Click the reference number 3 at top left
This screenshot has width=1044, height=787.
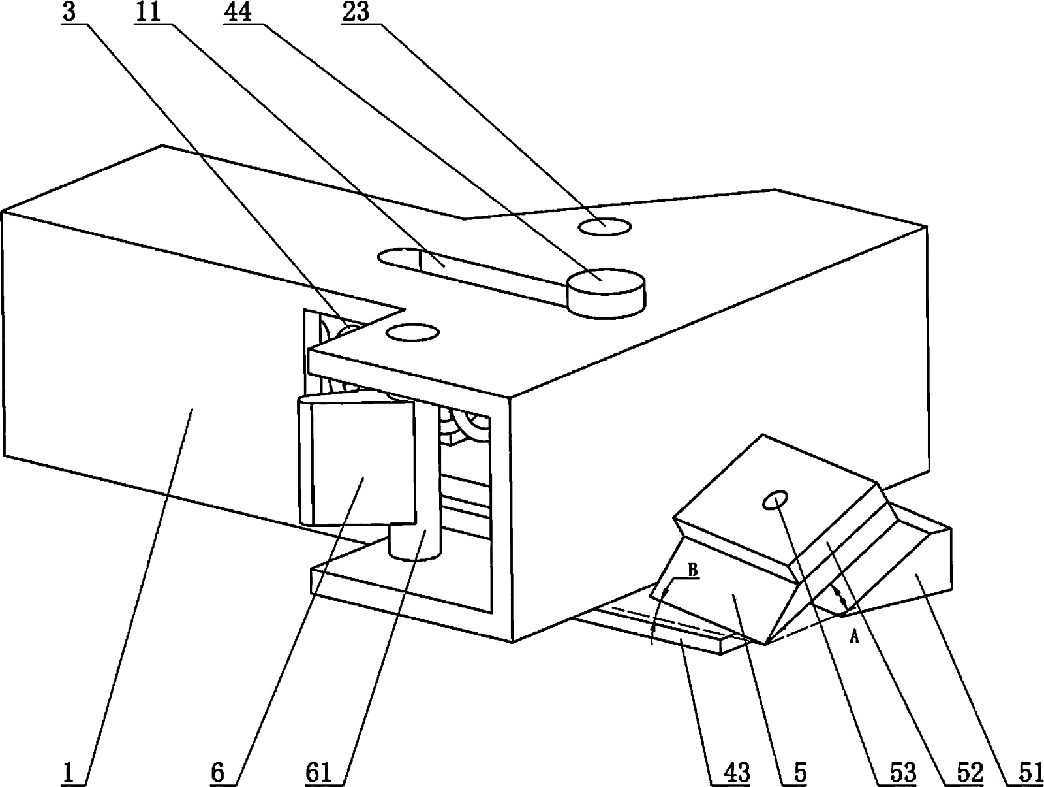click(x=69, y=12)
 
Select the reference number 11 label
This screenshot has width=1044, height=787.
click(x=148, y=12)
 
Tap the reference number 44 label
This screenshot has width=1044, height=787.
click(x=238, y=12)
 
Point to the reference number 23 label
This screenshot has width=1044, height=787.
click(x=356, y=12)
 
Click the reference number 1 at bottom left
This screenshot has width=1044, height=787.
click(x=69, y=772)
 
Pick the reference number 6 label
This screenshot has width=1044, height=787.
click(x=217, y=772)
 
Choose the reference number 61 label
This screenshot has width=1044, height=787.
click(x=318, y=772)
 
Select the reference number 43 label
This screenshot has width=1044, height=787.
click(x=737, y=772)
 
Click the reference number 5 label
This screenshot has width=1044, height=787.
click(x=801, y=772)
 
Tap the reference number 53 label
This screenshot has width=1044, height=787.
click(x=902, y=772)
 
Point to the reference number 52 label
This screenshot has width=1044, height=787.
click(x=970, y=772)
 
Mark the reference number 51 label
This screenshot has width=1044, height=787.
click(x=1030, y=772)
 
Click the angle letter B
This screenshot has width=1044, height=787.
click(x=693, y=570)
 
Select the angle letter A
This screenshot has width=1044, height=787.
click(x=854, y=637)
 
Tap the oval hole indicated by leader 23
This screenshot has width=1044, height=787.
click(x=604, y=227)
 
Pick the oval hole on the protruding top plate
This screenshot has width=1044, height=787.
click(x=412, y=332)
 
